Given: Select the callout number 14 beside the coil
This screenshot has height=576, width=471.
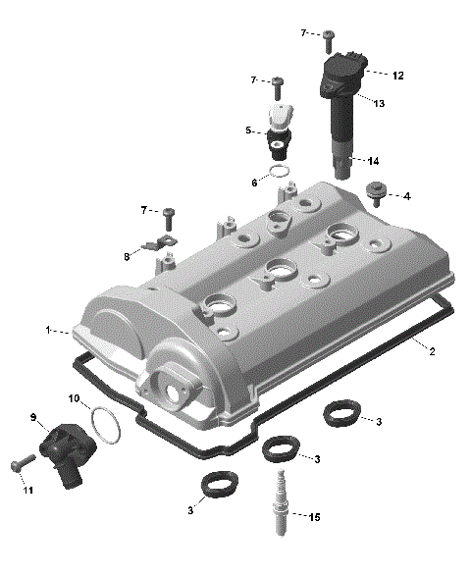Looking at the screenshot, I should (374, 160).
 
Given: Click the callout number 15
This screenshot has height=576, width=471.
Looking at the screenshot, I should (314, 517).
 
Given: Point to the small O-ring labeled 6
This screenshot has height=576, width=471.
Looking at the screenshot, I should (281, 173).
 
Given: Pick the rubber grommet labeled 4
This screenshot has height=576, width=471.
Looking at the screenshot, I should (374, 191).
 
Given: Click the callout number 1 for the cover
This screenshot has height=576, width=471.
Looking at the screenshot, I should (45, 331).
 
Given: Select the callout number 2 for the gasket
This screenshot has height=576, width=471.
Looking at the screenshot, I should (433, 352).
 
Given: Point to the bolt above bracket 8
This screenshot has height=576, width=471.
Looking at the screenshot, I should (168, 212).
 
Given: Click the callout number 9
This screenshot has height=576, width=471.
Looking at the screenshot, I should (32, 418).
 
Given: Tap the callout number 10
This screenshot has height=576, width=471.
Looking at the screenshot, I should (73, 397).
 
